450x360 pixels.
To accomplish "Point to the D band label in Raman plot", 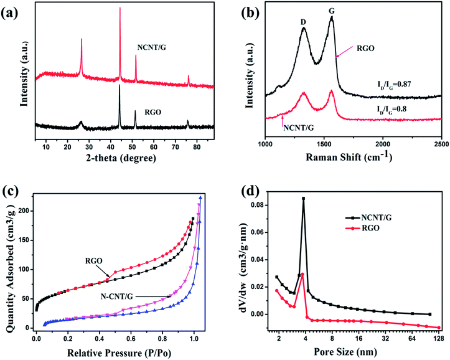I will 303,22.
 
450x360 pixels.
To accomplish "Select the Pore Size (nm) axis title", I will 355,351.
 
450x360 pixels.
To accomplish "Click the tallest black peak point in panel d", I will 304,199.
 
